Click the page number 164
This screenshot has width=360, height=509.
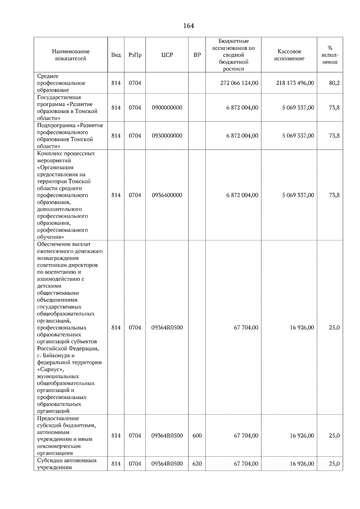click(188, 26)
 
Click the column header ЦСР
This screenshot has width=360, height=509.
click(167, 55)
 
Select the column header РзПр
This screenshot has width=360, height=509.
click(135, 55)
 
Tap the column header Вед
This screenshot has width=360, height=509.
click(116, 55)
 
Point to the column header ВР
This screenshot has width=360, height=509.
click(197, 55)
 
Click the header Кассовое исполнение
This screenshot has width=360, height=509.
click(289, 55)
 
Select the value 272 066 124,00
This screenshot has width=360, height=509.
click(239, 83)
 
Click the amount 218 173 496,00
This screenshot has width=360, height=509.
click(295, 83)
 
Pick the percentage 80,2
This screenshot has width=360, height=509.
click(334, 83)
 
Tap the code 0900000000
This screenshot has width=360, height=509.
click(167, 108)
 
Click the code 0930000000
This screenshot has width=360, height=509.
click(167, 136)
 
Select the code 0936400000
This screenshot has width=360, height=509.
click(167, 195)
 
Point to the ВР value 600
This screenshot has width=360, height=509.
click(197, 436)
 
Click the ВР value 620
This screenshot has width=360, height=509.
click(197, 464)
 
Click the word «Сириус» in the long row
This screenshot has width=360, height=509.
click(50, 370)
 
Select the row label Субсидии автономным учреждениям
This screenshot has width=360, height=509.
click(67, 464)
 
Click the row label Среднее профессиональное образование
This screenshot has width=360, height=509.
click(61, 83)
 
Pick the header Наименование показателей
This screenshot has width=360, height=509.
click(70, 55)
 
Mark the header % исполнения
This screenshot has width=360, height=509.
click(330, 55)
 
